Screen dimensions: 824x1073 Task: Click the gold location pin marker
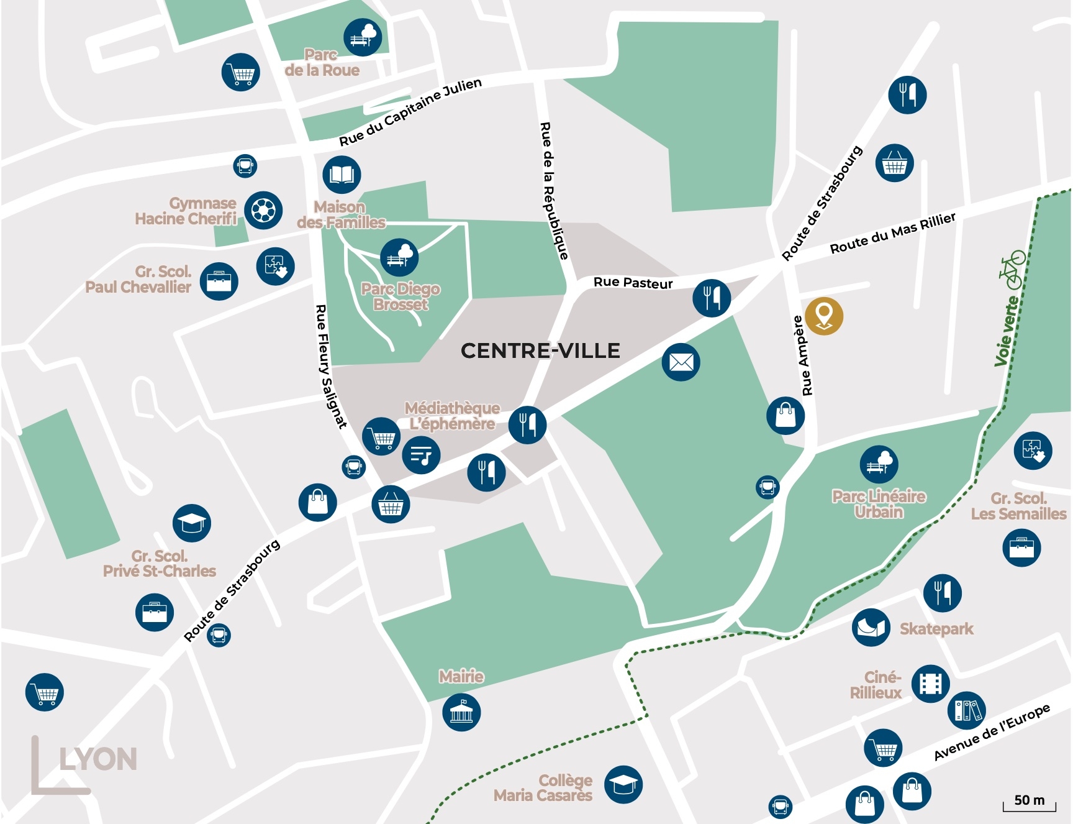[823, 316]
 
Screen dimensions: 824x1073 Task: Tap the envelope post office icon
[681, 362]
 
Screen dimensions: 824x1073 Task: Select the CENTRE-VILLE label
[540, 350]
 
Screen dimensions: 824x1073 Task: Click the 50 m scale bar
[1030, 802]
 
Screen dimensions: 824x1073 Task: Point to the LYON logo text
[97, 759]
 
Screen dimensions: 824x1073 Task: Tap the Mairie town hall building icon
[461, 712]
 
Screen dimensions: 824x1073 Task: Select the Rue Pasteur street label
[633, 283]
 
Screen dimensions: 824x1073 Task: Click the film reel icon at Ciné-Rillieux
[930, 684]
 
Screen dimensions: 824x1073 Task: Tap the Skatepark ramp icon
[871, 628]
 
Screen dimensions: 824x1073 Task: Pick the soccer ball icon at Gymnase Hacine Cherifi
[263, 210]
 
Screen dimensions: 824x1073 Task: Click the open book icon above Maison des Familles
[342, 175]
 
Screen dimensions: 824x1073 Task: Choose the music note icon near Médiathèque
[421, 455]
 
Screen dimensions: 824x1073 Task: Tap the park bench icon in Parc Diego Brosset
[399, 257]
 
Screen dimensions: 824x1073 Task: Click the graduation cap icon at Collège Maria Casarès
[623, 784]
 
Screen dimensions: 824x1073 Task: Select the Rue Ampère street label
[802, 356]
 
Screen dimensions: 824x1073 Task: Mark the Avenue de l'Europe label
[992, 732]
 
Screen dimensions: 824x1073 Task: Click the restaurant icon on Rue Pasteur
[712, 298]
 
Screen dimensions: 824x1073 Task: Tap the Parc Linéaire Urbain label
[878, 504]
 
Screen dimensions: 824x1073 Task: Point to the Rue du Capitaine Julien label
[410, 112]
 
